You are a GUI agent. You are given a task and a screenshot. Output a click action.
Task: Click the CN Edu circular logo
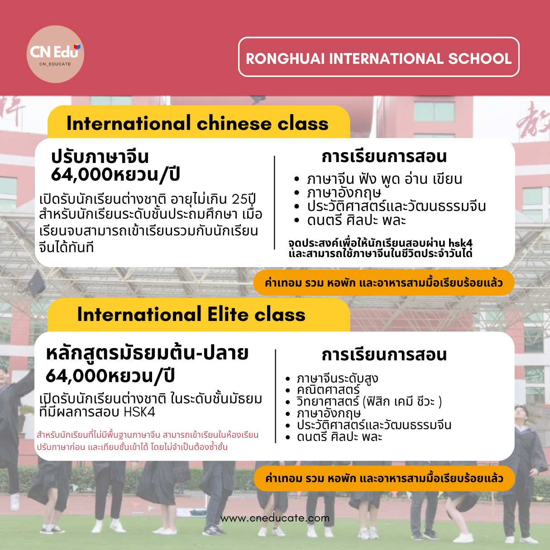pyautogui.click(x=55, y=54)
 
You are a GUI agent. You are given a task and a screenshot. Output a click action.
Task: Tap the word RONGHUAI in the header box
pyautogui.click(x=285, y=59)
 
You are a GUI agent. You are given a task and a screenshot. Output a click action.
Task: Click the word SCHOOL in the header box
pyautogui.click(x=479, y=59)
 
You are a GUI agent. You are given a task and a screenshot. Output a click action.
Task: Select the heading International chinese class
pyautogui.click(x=197, y=124)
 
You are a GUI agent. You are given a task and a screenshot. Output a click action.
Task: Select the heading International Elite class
pyautogui.click(x=191, y=314)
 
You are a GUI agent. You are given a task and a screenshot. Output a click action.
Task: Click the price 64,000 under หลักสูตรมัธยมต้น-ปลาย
pyautogui.click(x=77, y=376)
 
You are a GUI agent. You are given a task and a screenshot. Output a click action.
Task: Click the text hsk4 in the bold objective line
pyautogui.click(x=460, y=243)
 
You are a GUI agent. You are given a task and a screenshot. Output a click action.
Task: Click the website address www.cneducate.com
pyautogui.click(x=275, y=518)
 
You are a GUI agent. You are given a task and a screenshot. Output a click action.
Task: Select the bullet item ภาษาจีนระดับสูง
pyautogui.click(x=337, y=379)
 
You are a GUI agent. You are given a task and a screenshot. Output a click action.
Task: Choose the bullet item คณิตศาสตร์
pyautogui.click(x=328, y=390)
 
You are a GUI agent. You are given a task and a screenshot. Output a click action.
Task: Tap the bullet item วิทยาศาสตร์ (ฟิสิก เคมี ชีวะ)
pyautogui.click(x=369, y=402)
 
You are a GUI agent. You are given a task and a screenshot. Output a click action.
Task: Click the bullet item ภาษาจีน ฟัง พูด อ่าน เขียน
pyautogui.click(x=384, y=179)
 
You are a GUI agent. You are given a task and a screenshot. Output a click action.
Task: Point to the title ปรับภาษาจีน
pyautogui.click(x=100, y=157)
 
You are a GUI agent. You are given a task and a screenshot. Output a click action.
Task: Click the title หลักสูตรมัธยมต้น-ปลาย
pyautogui.click(x=147, y=354)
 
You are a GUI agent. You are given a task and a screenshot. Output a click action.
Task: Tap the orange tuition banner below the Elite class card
pyautogui.click(x=384, y=478)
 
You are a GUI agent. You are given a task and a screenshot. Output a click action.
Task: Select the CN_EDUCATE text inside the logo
pyautogui.click(x=55, y=64)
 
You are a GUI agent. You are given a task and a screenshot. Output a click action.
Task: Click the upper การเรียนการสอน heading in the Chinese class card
pyautogui.click(x=384, y=157)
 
